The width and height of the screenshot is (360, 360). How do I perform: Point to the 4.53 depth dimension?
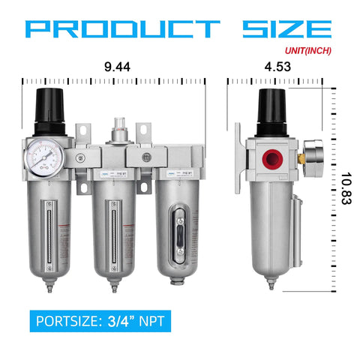click(x=280, y=67)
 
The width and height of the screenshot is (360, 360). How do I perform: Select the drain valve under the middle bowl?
click(x=115, y=286)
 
